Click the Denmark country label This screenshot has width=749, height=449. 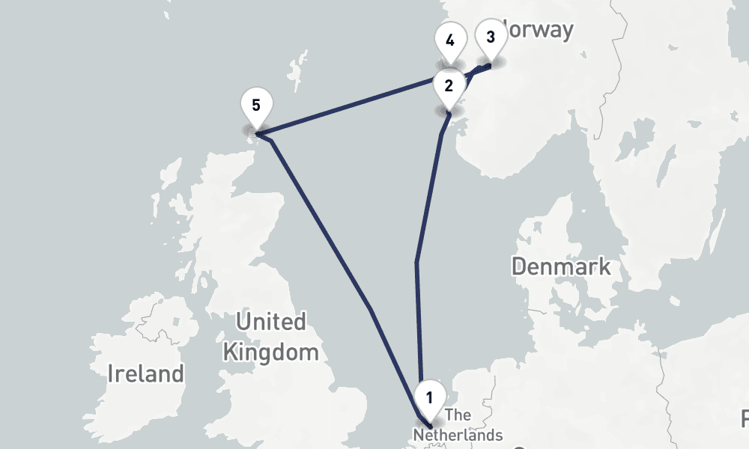pyautogui.click(x=560, y=266)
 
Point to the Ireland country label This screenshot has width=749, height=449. pyautogui.click(x=145, y=373)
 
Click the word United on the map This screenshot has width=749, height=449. pyautogui.click(x=270, y=323)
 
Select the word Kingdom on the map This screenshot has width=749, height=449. pyautogui.click(x=271, y=352)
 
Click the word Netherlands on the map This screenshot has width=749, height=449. pyautogui.click(x=458, y=435)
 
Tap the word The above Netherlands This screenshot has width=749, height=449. pyautogui.click(x=458, y=415)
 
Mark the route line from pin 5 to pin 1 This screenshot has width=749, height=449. pyautogui.click(x=322, y=224)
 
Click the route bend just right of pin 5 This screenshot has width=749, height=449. pyautogui.click(x=270, y=139)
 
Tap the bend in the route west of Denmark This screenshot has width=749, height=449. pyautogui.click(x=416, y=261)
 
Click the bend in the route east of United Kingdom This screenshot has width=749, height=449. pyautogui.click(x=371, y=309)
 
